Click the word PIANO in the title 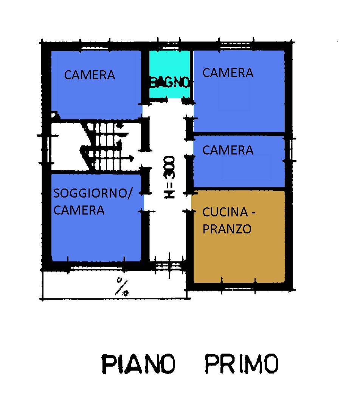[138, 364]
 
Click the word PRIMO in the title [242, 364]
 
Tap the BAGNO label [169, 82]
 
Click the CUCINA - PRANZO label [229, 220]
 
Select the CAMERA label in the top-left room [90, 75]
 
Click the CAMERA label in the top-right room [228, 73]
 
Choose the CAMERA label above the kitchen [228, 150]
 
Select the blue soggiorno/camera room [96, 234]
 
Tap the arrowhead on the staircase [130, 157]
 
